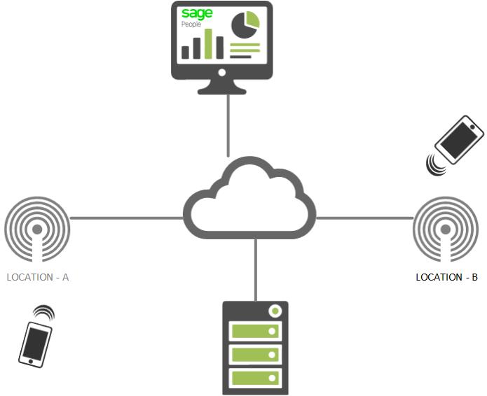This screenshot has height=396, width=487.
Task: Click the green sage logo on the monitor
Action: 197,14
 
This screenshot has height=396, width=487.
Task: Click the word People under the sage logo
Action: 191,24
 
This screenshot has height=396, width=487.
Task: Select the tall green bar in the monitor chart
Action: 208,43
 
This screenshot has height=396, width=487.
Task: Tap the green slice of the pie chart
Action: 252,20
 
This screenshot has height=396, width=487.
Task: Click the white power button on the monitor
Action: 221,73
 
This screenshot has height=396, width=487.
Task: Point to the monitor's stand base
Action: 221,91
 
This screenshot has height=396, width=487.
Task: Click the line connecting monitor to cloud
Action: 228,125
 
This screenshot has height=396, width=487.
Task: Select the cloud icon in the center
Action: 249,198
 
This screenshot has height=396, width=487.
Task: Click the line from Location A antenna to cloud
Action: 127,218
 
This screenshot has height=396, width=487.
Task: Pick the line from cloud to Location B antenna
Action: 364,218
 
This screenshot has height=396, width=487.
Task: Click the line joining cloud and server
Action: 256,270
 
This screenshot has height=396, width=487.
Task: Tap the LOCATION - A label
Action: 38,277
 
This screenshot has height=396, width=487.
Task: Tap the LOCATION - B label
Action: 446,277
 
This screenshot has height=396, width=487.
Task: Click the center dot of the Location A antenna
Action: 37,229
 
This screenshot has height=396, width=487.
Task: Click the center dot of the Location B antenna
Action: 446,229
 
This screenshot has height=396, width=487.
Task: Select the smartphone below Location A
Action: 35,344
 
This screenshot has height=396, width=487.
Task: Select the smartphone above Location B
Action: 459,139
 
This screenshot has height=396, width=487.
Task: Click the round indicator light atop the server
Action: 275,311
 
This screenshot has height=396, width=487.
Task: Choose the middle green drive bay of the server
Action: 255,355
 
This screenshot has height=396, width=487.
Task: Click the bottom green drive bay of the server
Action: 255,378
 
